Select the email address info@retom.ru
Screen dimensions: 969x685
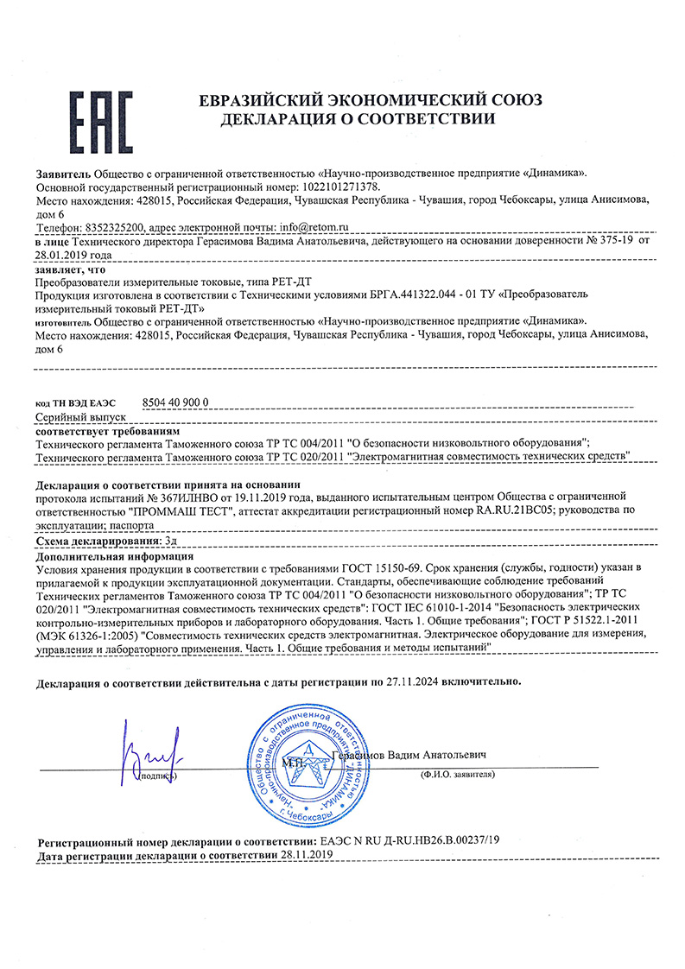click(310, 226)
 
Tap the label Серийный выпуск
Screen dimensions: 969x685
click(76, 416)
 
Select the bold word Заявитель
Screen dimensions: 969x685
click(63, 173)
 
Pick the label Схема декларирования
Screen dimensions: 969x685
click(98, 540)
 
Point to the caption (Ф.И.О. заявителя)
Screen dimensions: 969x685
click(458, 775)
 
